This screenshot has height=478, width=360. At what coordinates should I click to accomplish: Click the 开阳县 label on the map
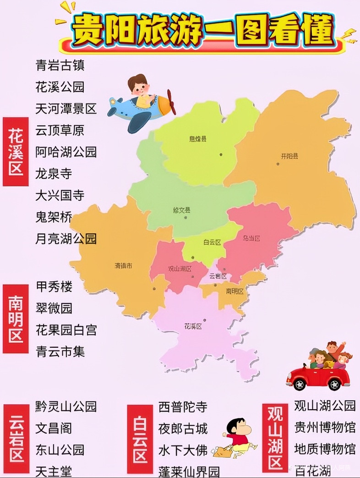tap(289, 156)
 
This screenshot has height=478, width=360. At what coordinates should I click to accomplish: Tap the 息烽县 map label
tap(198, 139)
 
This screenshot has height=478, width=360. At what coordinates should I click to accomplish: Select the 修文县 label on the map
tap(182, 210)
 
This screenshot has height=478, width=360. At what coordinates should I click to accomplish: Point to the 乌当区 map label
tap(251, 238)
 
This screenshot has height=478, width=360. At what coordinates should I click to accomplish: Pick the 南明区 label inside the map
tap(235, 291)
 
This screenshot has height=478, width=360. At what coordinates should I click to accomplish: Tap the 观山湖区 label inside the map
tap(180, 269)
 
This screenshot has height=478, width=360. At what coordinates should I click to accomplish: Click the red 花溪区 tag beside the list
tap(16, 152)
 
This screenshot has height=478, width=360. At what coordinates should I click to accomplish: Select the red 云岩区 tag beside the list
tap(16, 438)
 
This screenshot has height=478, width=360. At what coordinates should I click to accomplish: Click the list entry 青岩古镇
tap(60, 65)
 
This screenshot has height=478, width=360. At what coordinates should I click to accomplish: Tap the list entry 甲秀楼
tap(54, 287)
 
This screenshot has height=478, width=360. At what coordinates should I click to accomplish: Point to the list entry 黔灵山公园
tap(66, 407)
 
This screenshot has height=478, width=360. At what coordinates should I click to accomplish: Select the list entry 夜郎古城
tap(183, 429)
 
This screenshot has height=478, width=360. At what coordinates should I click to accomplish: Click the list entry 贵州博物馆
tap(324, 427)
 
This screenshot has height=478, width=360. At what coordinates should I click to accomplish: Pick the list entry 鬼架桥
tap(54, 217)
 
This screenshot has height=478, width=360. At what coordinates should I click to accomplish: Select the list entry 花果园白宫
tap(66, 330)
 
